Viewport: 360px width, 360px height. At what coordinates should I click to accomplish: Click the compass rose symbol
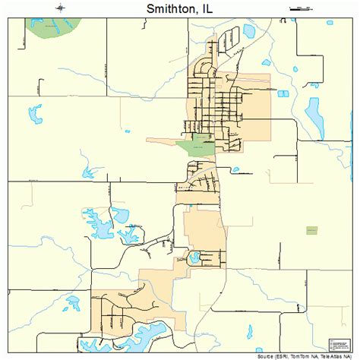point(60,8)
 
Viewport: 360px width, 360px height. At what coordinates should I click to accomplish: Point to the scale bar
point(302,8)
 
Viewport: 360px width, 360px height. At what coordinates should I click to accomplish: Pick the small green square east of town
point(311,230)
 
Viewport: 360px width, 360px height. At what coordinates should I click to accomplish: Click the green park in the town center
point(196,145)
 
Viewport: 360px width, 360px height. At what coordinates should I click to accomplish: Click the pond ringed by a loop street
point(195,256)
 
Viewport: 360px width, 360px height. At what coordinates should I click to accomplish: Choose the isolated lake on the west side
point(36,114)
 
